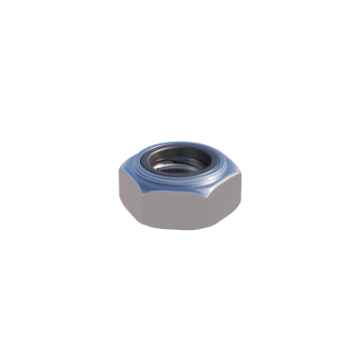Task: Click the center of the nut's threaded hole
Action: tap(183, 166)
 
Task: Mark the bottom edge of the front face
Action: tap(182, 230)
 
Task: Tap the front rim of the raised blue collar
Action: tap(182, 184)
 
